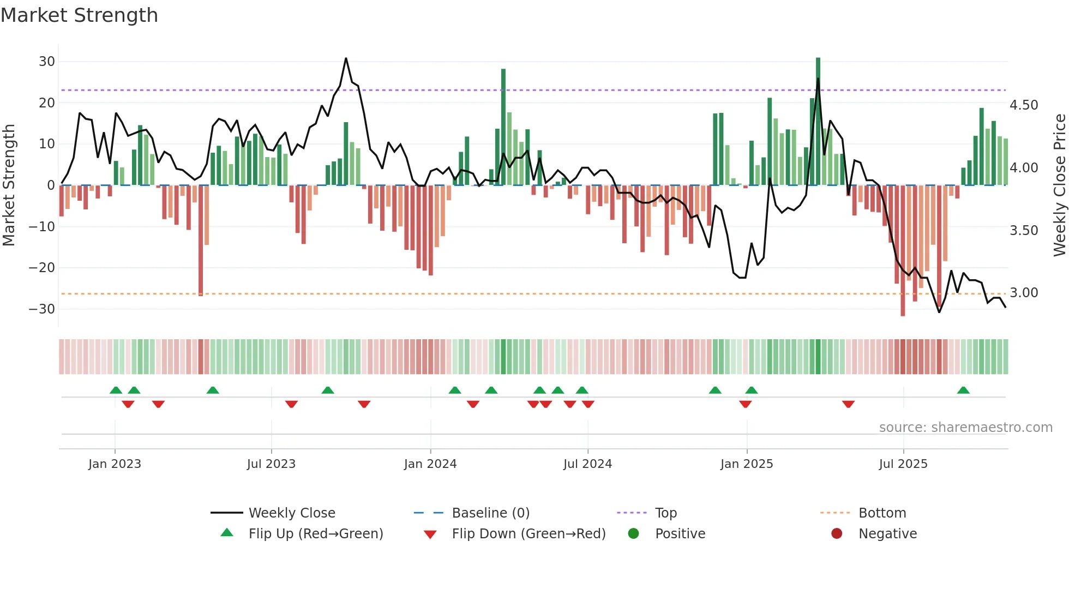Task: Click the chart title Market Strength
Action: (x=80, y=15)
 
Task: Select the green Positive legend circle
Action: (x=633, y=533)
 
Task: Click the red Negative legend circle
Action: (x=837, y=533)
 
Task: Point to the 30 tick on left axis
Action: (x=47, y=62)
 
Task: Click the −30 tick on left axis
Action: (x=42, y=309)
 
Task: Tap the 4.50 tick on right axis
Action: (x=1024, y=105)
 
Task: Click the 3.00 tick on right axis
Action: (x=1024, y=293)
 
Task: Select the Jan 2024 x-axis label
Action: (x=430, y=464)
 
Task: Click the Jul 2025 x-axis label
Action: (x=903, y=464)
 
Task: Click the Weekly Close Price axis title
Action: (x=1059, y=185)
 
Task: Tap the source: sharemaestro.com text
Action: (x=965, y=428)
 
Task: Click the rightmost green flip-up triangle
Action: (x=963, y=390)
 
